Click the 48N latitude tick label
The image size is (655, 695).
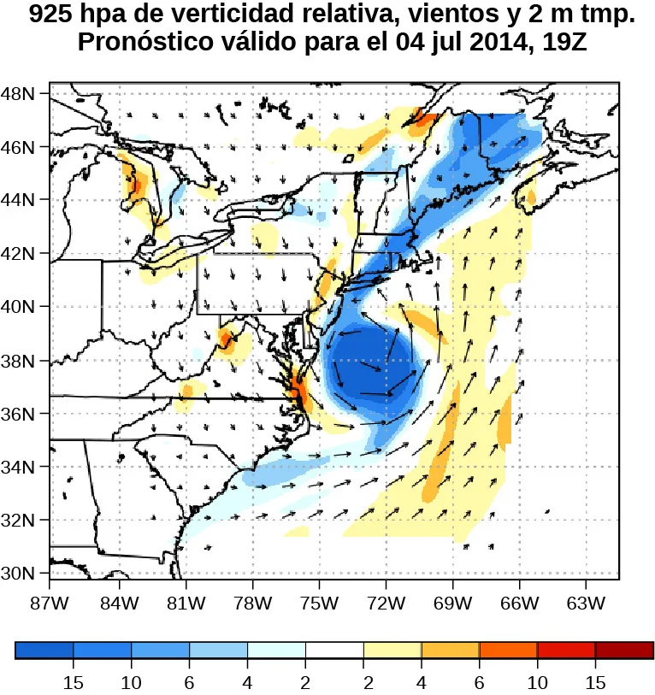pyautogui.click(x=18, y=93)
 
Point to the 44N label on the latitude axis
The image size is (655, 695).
pyautogui.click(x=18, y=200)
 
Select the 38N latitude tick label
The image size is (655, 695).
pyautogui.click(x=18, y=360)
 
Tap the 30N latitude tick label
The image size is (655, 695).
pyautogui.click(x=18, y=573)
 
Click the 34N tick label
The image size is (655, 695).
pyautogui.click(x=18, y=467)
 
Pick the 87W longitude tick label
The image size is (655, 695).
pyautogui.click(x=50, y=604)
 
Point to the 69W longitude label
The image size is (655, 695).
pyautogui.click(x=452, y=604)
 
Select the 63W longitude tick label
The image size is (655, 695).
pyautogui.click(x=586, y=604)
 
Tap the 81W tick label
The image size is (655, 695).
pyautogui.click(x=185, y=604)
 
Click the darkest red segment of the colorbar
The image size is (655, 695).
pyautogui.click(x=624, y=651)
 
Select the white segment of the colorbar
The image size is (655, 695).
pyautogui.click(x=334, y=651)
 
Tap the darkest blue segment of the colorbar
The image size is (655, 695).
pyautogui.click(x=44, y=651)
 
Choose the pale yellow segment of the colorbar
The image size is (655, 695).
pyautogui.click(x=392, y=651)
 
